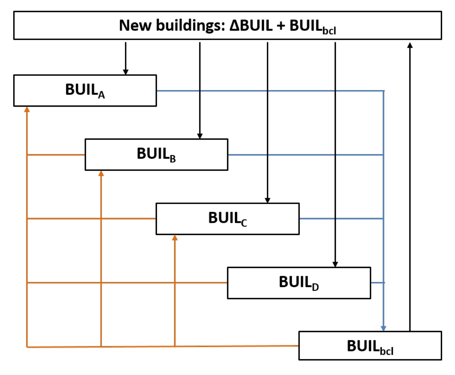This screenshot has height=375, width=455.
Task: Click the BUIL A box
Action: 85,91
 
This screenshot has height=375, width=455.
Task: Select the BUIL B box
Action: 157,154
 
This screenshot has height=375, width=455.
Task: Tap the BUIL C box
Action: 228,219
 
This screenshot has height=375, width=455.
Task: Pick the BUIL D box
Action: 299,283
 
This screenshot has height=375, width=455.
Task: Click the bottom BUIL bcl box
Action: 370,346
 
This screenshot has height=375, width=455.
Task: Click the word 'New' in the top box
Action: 135,25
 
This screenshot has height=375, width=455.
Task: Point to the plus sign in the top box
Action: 281,26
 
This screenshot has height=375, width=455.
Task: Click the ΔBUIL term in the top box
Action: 251,25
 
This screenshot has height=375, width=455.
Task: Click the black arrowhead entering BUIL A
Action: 126,72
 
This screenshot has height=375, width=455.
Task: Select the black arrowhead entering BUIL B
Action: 200,136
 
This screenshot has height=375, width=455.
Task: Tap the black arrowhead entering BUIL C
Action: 268,200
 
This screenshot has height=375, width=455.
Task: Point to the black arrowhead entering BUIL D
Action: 335,264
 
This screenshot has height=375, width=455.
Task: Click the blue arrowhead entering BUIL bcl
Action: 384,329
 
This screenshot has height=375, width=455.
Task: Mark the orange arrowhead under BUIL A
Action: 27,110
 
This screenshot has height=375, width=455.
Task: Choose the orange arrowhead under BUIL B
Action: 101,173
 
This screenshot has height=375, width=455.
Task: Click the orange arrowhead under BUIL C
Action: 175,238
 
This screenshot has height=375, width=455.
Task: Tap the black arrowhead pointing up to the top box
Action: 410,45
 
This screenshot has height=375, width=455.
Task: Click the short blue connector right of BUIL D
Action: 378,283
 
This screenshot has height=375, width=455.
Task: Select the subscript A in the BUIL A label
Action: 101,95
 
